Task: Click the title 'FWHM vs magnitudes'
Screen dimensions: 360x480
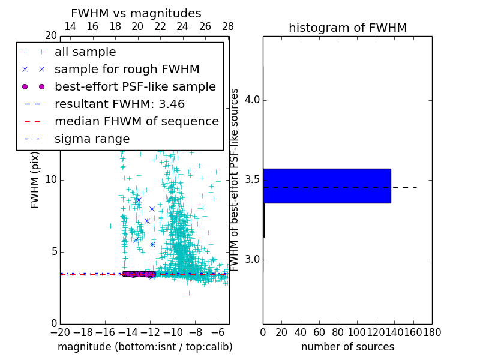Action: click(x=136, y=13)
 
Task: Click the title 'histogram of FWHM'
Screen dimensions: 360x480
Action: click(x=347, y=28)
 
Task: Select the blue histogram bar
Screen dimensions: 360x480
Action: click(x=327, y=185)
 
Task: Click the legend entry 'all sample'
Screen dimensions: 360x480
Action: click(x=85, y=52)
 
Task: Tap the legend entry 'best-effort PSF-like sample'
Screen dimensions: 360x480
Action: click(x=135, y=86)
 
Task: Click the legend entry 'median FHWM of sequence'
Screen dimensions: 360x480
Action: click(x=136, y=121)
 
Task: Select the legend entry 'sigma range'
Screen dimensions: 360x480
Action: click(x=92, y=139)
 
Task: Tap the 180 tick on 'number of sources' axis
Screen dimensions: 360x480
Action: click(x=432, y=332)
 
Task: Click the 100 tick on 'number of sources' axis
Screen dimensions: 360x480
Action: click(x=357, y=332)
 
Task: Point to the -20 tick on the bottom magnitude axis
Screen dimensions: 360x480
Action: click(x=60, y=332)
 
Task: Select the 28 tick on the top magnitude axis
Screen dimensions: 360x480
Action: click(x=228, y=26)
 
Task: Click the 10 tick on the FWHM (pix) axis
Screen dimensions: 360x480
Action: click(x=51, y=180)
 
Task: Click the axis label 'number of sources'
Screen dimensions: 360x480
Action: click(x=347, y=347)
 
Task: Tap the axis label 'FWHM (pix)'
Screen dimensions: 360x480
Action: click(x=35, y=180)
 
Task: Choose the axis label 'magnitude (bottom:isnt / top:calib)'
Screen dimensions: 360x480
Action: click(x=145, y=347)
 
